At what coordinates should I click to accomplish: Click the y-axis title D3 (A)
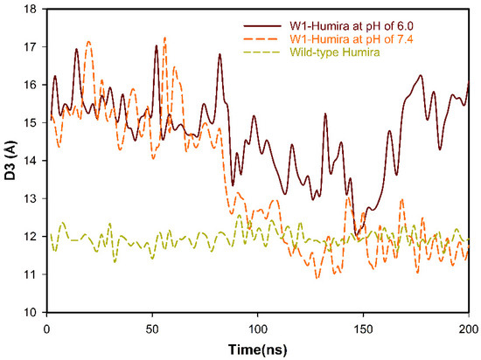[10, 160]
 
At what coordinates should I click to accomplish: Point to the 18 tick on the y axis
[32, 10]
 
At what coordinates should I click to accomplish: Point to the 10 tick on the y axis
[32, 312]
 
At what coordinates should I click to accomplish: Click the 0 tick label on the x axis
[46, 325]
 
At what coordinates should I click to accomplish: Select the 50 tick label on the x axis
[152, 325]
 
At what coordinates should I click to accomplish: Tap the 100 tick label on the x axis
[257, 325]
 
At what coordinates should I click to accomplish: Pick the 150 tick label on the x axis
[363, 325]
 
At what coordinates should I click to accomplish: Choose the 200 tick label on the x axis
[468, 325]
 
